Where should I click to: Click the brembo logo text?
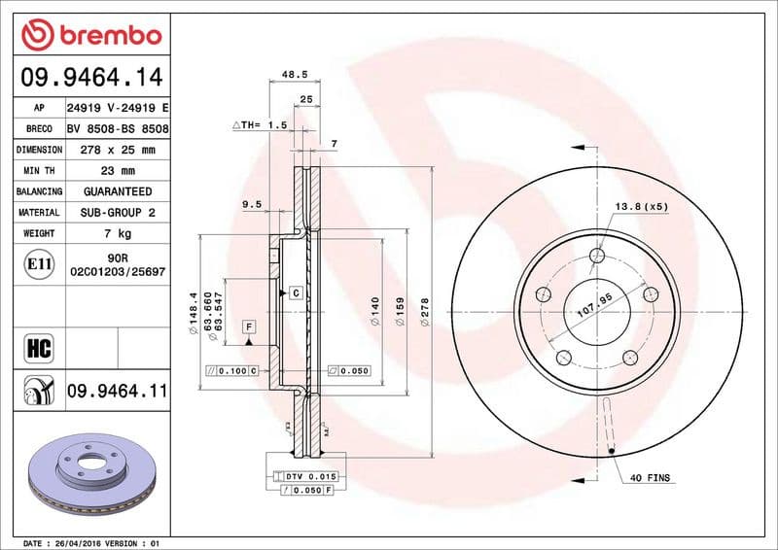point(105,36)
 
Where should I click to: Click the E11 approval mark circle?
point(40,263)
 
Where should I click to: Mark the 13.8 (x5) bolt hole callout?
point(642,207)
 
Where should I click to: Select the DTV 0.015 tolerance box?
point(309,476)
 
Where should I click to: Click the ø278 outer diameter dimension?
point(425,312)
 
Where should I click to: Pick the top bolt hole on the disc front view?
point(597,257)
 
